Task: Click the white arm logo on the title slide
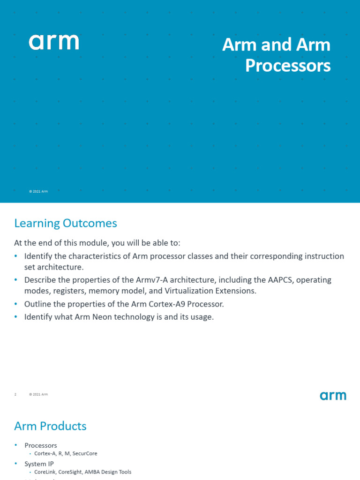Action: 54,42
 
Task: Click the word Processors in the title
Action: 288,66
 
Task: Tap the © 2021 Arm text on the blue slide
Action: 38,191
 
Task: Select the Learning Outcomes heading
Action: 66,223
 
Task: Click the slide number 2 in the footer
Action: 15,394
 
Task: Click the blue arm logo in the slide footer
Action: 333,396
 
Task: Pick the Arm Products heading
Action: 51,426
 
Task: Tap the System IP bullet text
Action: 39,464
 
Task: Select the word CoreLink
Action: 45,472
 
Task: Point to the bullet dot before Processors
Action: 15,445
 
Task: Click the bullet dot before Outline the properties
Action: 15,304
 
